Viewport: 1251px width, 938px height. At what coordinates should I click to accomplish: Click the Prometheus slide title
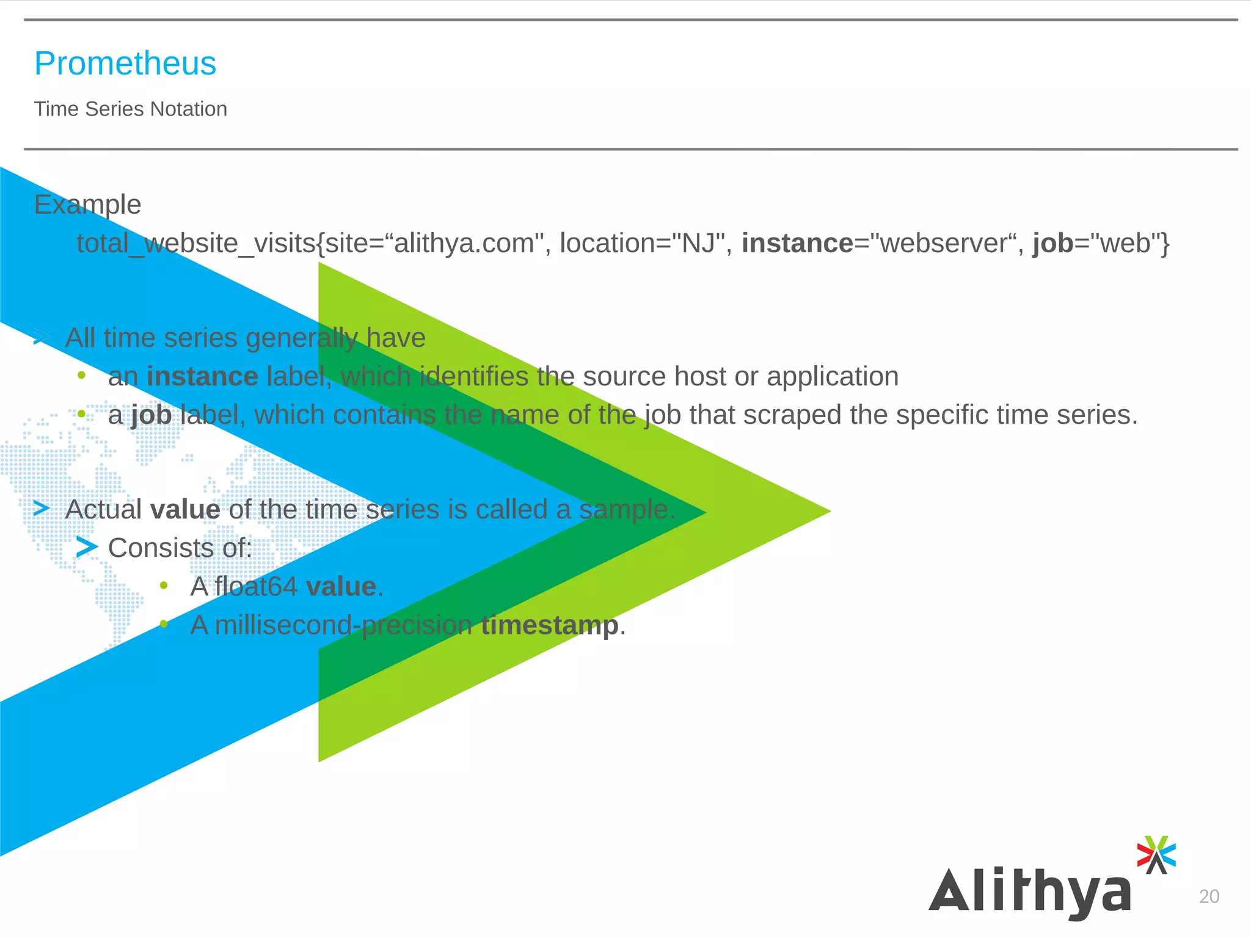point(125,64)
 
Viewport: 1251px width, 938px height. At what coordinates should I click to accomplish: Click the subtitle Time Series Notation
point(130,109)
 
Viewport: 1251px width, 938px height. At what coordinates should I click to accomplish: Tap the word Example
point(87,205)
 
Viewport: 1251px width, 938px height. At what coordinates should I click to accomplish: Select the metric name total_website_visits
point(195,244)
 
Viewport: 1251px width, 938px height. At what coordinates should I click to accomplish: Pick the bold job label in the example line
point(1052,244)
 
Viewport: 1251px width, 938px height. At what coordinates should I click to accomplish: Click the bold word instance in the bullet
point(202,377)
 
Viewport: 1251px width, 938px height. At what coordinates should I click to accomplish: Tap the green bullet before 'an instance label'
point(81,376)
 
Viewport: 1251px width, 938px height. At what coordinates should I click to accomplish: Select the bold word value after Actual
point(185,510)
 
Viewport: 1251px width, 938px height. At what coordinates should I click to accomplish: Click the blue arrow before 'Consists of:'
point(87,547)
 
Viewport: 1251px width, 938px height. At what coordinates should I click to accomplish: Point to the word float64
point(256,587)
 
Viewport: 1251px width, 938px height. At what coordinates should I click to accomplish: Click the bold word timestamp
point(550,625)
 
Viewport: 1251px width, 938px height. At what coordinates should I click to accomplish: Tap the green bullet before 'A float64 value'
point(164,586)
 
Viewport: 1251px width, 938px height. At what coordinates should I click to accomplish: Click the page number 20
point(1209,896)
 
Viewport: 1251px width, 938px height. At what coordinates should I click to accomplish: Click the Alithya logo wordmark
point(1030,892)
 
